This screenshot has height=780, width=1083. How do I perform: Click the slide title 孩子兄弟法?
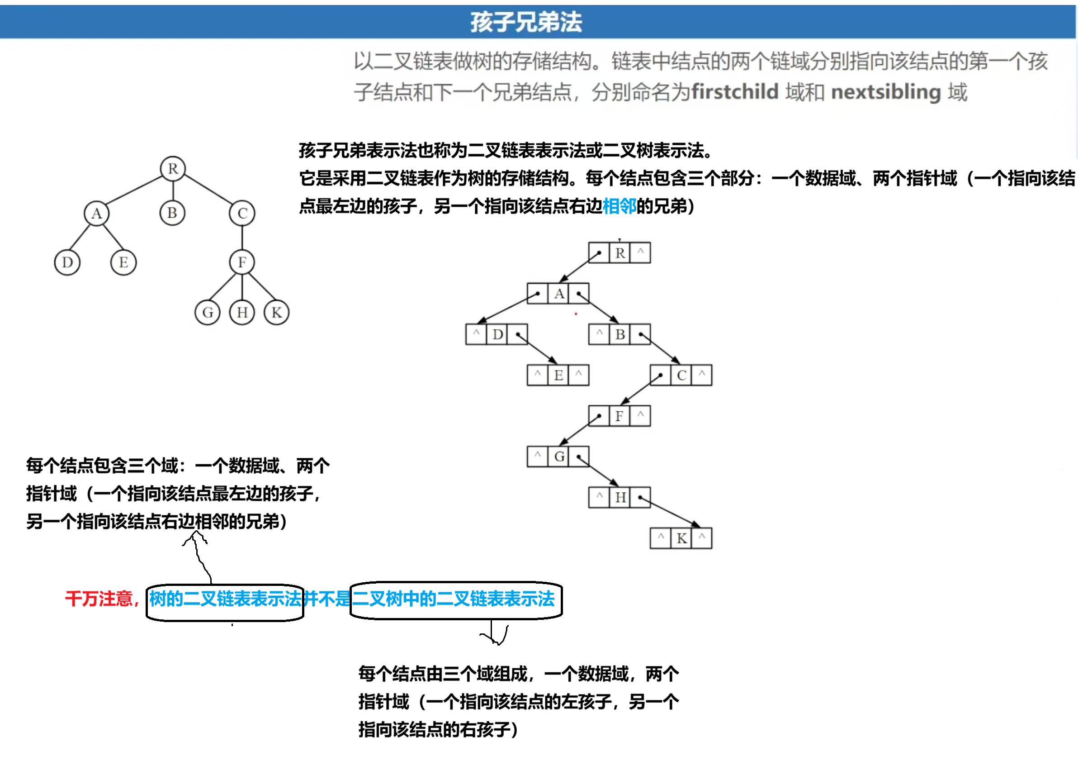click(526, 22)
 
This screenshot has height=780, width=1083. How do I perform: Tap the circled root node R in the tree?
click(173, 169)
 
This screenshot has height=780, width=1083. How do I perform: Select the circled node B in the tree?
click(172, 213)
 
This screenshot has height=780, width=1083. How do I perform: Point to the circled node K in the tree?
click(276, 313)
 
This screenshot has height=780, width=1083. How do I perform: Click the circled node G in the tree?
click(208, 313)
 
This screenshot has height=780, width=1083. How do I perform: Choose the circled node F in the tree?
click(242, 262)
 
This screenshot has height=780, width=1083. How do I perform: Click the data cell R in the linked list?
click(620, 253)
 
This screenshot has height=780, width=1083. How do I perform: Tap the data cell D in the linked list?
click(497, 334)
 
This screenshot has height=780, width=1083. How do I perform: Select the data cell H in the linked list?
click(620, 498)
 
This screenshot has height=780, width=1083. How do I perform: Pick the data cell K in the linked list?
click(681, 538)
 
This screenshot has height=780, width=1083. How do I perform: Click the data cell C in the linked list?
click(681, 376)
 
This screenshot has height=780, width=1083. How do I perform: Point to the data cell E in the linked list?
click(558, 376)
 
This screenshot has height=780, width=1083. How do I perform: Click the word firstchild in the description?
click(735, 92)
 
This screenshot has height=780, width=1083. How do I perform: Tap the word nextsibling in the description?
click(886, 92)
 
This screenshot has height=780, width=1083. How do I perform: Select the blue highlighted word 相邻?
click(620, 206)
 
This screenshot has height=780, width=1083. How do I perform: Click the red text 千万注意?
click(99, 599)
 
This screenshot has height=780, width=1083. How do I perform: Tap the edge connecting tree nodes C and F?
click(242, 238)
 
